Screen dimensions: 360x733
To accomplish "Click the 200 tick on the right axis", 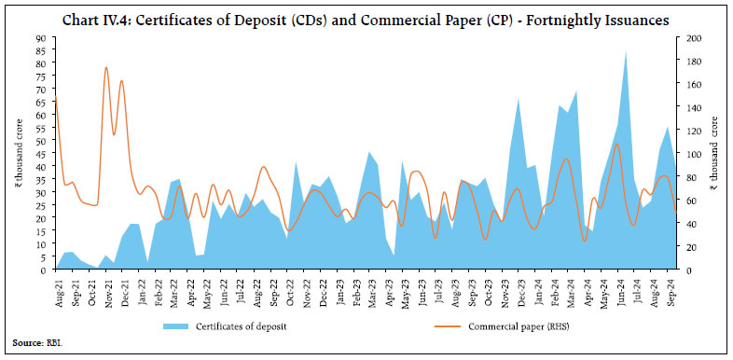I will coord(689,38).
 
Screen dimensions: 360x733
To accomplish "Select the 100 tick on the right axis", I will coord(689,154).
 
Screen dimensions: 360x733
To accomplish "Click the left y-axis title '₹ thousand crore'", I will coord(18,154).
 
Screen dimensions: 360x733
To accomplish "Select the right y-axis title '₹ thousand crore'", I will coord(715,154).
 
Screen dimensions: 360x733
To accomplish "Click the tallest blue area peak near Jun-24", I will coord(626,51).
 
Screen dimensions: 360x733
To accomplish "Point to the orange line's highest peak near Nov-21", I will coord(106,68).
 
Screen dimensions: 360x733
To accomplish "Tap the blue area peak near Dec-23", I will coord(519,98).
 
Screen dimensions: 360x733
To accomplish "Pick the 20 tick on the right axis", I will coord(689,246).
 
